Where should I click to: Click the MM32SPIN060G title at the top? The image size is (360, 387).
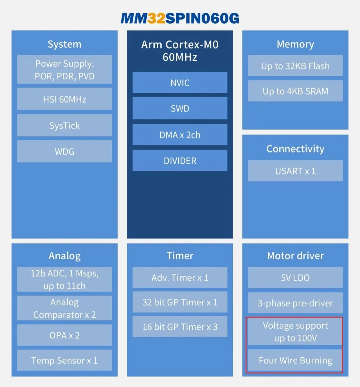[x=180, y=18]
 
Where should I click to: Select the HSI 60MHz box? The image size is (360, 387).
[x=64, y=99]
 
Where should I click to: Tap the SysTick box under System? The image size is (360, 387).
[x=64, y=125]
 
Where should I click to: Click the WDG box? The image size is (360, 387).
[x=64, y=151]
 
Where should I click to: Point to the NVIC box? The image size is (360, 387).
[x=180, y=83]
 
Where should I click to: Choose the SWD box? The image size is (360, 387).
[x=180, y=108]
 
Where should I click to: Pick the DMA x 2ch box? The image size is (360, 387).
[x=180, y=135]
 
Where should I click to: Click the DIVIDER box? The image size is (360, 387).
[x=180, y=161]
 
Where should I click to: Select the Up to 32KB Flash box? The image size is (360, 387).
[x=295, y=66]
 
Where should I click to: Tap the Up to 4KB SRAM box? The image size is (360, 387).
[x=295, y=91]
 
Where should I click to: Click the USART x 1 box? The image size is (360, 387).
[x=295, y=171]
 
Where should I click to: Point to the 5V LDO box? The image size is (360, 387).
[x=295, y=277]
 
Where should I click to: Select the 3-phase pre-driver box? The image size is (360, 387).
[x=295, y=303]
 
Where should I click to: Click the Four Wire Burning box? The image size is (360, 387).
[x=295, y=360]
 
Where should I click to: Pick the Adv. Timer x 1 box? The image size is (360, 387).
[x=180, y=277]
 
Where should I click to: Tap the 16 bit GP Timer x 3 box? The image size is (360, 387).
[x=180, y=326]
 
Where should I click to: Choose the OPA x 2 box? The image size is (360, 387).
[x=64, y=335]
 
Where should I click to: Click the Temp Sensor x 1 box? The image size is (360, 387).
[x=64, y=360]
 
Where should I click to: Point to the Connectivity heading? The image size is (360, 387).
[x=295, y=149]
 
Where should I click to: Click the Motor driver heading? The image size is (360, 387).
[x=295, y=256]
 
